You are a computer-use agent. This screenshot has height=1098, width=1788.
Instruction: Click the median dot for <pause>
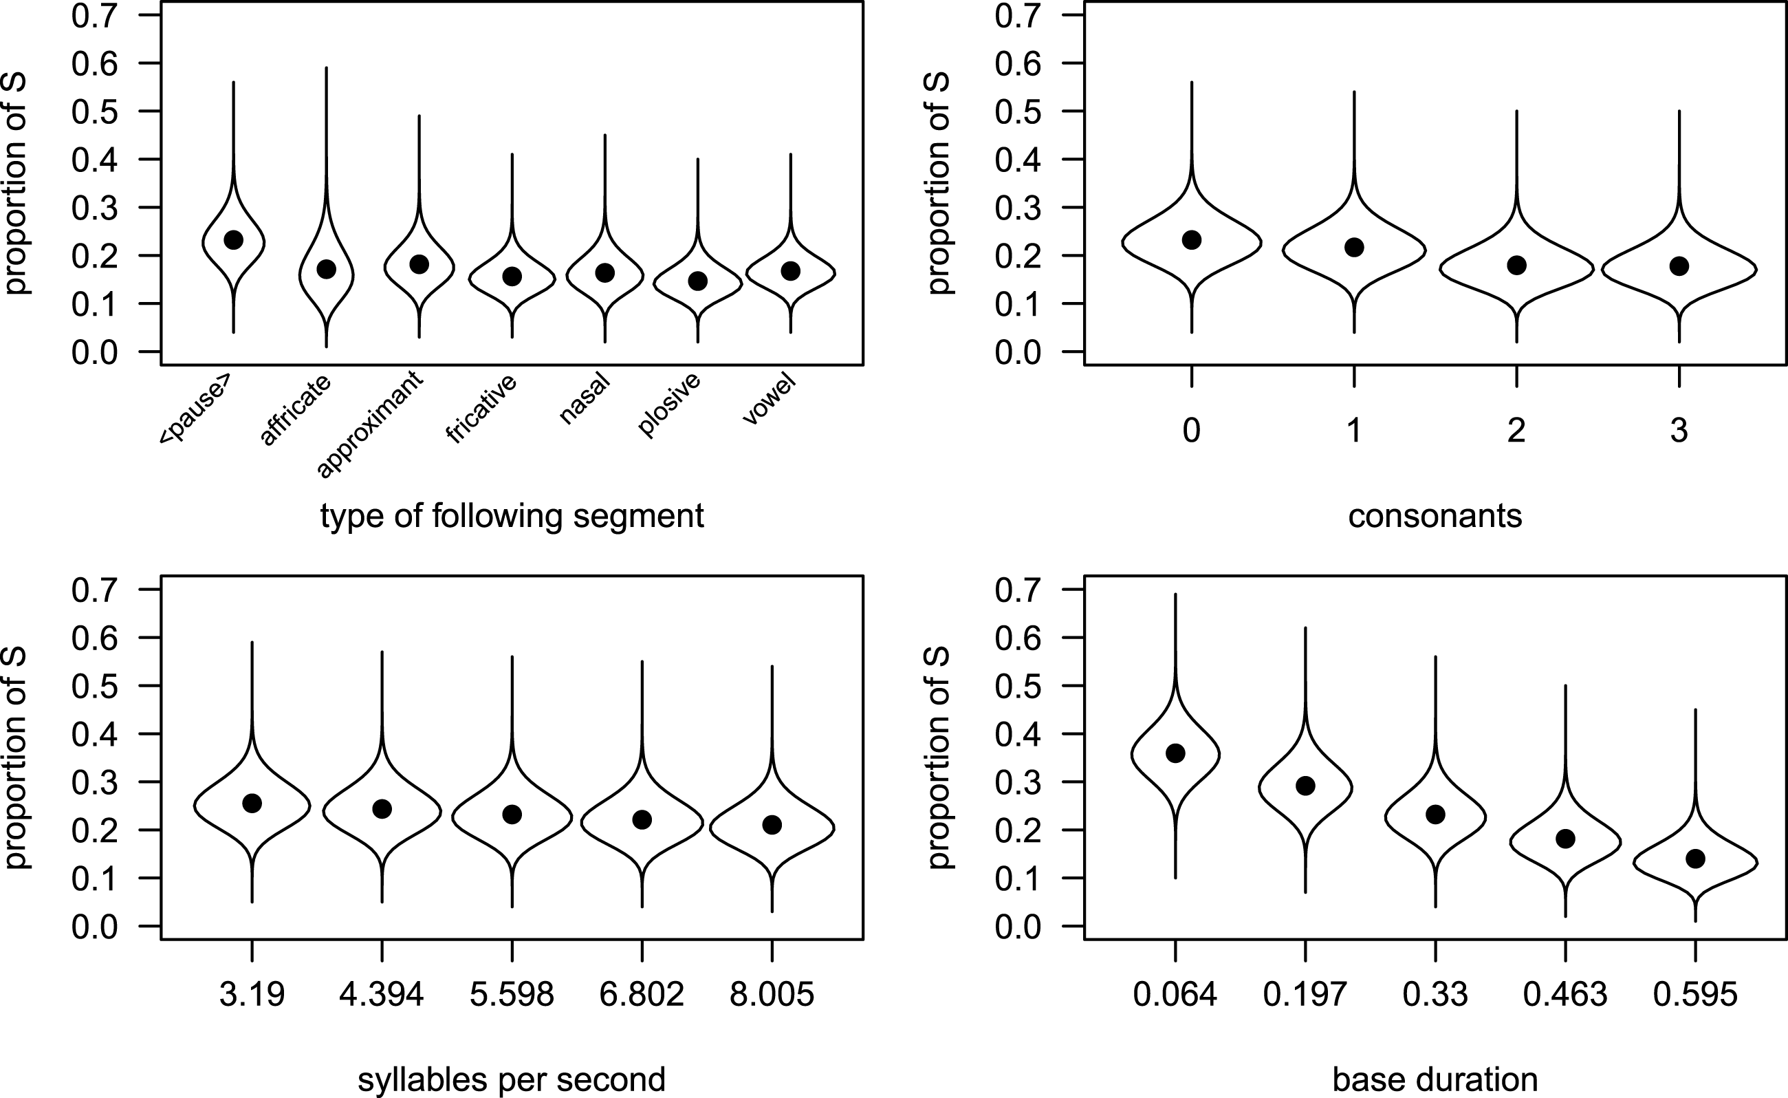(x=233, y=239)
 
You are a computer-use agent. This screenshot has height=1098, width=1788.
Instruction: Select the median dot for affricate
(x=326, y=269)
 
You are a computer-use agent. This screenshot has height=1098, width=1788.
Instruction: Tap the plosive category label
(x=669, y=405)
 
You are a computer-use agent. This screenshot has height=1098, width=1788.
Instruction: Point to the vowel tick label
(x=770, y=400)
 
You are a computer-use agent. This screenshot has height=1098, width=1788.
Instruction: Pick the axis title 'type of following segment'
(x=512, y=516)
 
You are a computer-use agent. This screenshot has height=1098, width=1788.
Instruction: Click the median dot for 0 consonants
(x=1191, y=239)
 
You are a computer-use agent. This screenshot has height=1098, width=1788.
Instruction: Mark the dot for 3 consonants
(x=1679, y=266)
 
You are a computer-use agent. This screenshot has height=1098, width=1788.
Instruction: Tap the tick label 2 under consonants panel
(x=1516, y=431)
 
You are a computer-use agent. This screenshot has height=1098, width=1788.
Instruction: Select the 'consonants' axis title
(x=1435, y=516)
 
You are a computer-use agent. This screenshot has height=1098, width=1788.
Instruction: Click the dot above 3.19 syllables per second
(x=252, y=803)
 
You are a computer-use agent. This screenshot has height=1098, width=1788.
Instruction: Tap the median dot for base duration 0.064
(x=1175, y=753)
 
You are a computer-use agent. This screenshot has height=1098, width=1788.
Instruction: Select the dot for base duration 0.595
(x=1695, y=859)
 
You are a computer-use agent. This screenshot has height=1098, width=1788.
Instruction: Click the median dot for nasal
(x=604, y=273)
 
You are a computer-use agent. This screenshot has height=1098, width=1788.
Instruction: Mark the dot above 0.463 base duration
(x=1565, y=839)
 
